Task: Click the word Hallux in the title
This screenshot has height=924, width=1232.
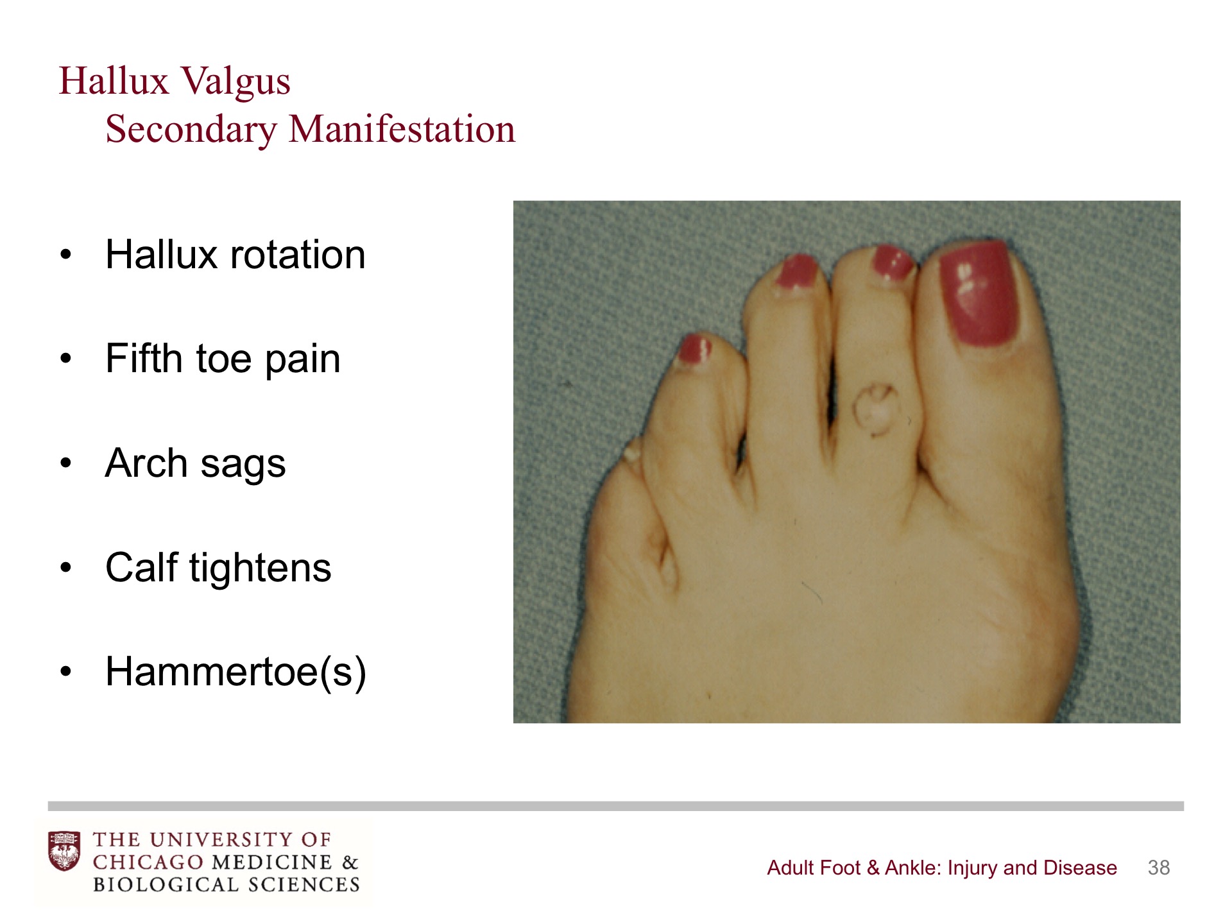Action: point(114,81)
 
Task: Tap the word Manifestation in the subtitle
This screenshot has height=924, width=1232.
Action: point(402,129)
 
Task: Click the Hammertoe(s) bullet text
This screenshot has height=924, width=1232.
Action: point(236,672)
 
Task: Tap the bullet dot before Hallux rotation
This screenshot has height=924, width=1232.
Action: point(65,255)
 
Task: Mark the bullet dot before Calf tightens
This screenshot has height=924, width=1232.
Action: point(65,568)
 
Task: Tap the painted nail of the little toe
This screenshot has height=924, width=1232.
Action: point(695,349)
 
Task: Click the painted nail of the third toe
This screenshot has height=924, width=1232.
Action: point(798,271)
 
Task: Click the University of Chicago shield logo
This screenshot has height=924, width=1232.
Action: point(64,851)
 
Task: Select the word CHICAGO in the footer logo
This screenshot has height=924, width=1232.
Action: point(148,862)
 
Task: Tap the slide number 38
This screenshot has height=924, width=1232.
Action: point(1159,868)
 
